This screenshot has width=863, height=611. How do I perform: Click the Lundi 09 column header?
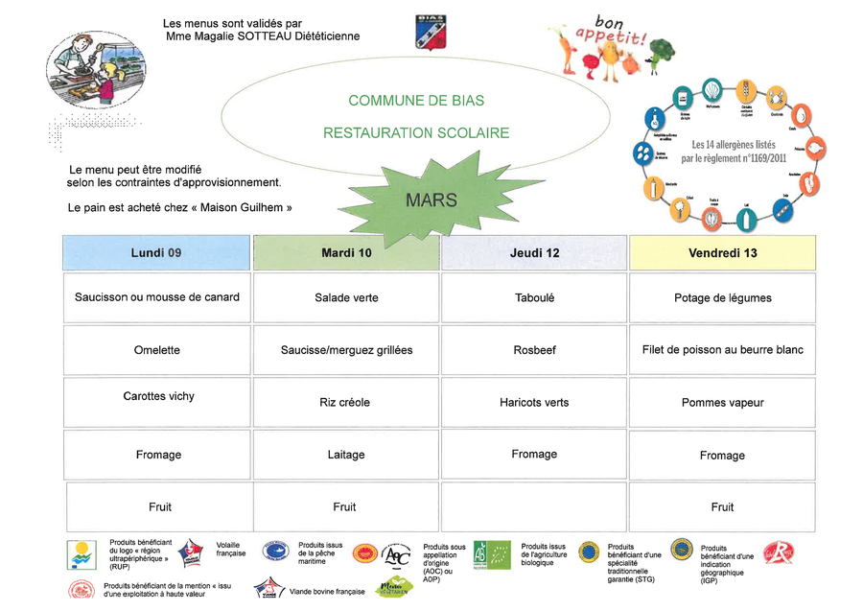click(x=156, y=253)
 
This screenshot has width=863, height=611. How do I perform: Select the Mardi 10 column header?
click(x=346, y=253)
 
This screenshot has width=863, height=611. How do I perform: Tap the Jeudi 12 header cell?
click(x=534, y=253)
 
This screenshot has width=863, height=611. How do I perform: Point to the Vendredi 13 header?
click(x=722, y=253)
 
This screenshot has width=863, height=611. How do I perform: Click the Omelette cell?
click(x=156, y=350)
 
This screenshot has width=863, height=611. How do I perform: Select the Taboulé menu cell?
click(x=534, y=297)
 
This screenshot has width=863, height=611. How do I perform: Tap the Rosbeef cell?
click(x=534, y=350)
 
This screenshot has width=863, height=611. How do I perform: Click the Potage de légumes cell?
click(x=722, y=297)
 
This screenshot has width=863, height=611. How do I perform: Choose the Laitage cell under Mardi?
click(x=345, y=455)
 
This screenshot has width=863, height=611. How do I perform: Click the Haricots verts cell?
click(x=534, y=402)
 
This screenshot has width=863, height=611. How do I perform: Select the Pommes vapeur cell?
click(x=722, y=403)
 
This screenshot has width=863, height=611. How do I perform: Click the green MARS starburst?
click(x=431, y=200)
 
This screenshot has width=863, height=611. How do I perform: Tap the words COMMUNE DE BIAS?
click(x=416, y=101)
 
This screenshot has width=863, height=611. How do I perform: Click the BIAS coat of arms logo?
click(x=429, y=32)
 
